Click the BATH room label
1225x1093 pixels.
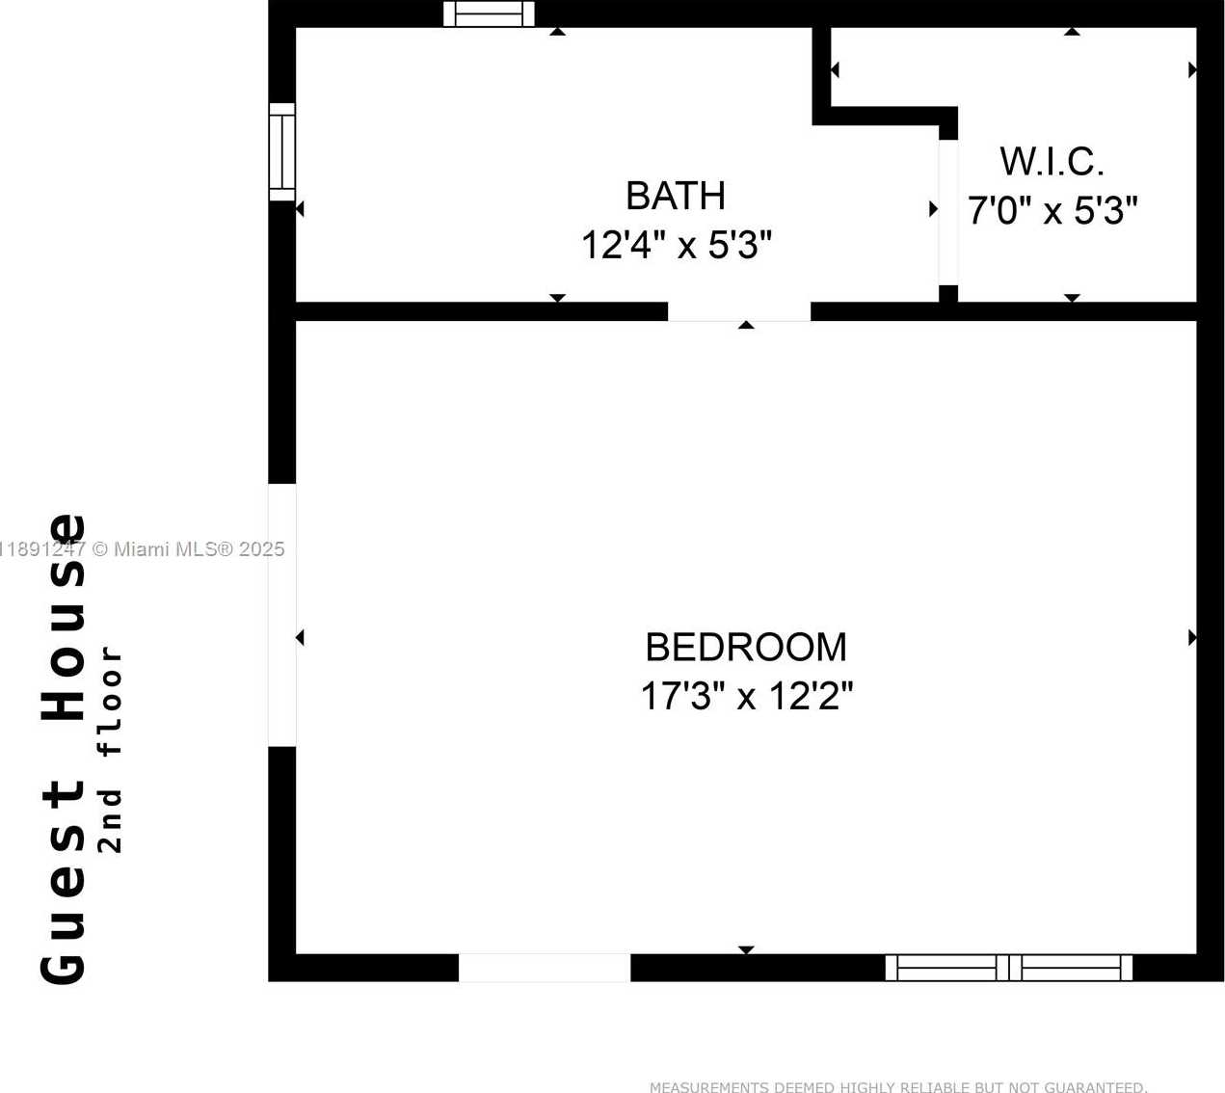(676, 196)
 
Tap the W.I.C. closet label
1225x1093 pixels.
(1052, 162)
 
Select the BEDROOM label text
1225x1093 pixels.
(746, 647)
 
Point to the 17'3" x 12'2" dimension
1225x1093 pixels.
(747, 696)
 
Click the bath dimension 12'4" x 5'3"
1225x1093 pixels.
(677, 245)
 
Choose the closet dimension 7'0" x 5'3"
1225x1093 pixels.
(1052, 210)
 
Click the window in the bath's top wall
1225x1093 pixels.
(489, 13)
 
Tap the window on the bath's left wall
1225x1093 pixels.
(282, 152)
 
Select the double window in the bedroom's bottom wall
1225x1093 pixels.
(1008, 968)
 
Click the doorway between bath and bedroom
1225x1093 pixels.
(739, 311)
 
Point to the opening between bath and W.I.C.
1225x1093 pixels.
(948, 212)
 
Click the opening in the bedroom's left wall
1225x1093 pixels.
(282, 615)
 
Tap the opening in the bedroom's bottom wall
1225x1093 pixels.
(545, 968)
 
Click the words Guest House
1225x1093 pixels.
(63, 749)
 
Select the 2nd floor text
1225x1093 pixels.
(110, 750)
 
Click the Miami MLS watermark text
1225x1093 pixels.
(142, 549)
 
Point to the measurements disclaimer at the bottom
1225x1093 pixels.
(898, 1086)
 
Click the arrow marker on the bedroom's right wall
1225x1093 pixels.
(1192, 637)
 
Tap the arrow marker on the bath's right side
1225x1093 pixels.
(934, 209)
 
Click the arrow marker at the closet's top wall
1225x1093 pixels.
(1072, 32)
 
